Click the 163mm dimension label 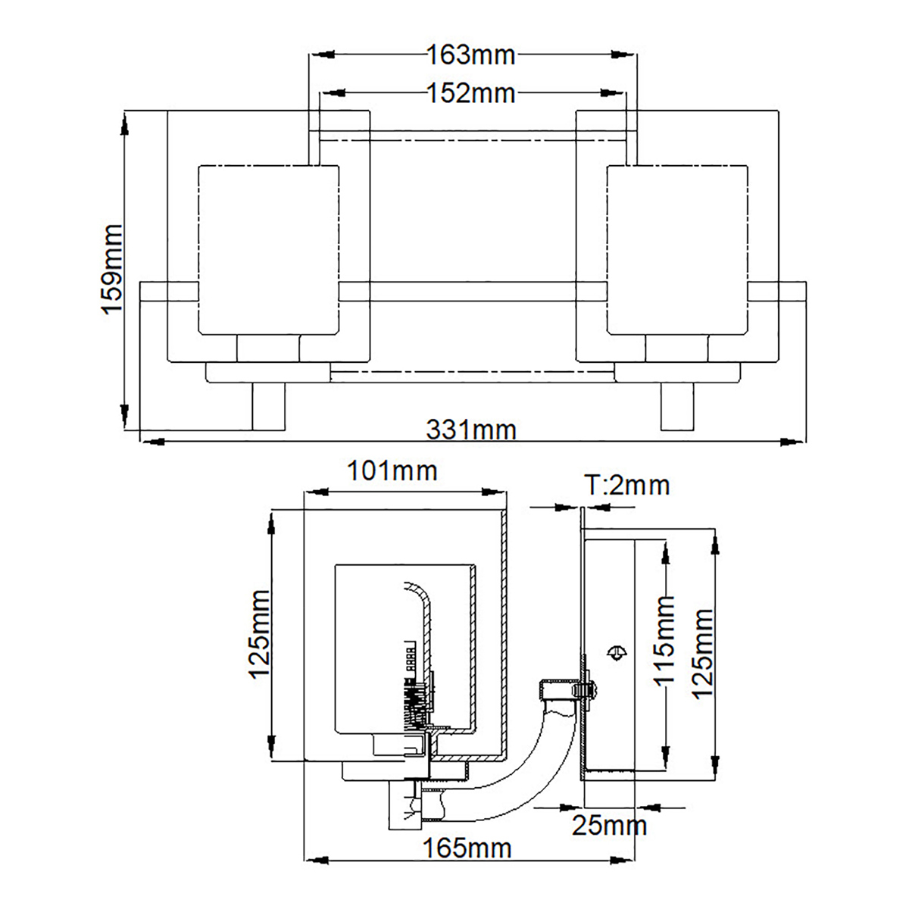(470, 55)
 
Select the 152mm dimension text (470, 93)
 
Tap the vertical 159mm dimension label (112, 269)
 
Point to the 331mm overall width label (471, 430)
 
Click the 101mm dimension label (392, 470)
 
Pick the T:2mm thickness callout (627, 485)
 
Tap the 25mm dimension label (609, 839)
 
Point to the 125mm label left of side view (260, 635)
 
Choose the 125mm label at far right (702, 653)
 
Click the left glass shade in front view (269, 250)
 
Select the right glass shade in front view (677, 250)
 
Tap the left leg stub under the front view (269, 406)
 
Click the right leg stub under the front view (677, 406)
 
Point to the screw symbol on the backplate (617, 652)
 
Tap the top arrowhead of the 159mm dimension (125, 123)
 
